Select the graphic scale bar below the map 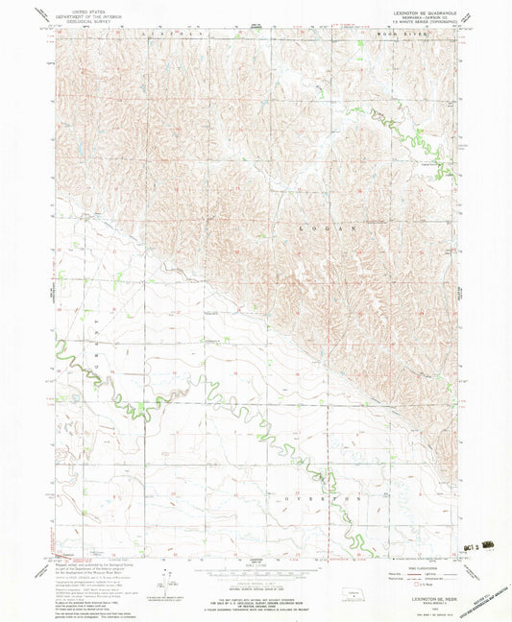256,566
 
